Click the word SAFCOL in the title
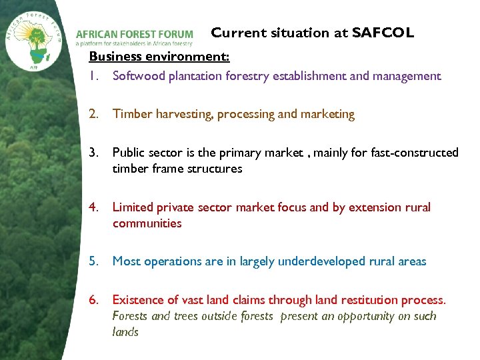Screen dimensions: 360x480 click(383, 33)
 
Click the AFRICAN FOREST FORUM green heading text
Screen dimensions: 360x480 click(134, 34)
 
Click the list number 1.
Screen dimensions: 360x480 click(93, 76)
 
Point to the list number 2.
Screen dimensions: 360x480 click(94, 114)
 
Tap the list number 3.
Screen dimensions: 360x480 click(94, 153)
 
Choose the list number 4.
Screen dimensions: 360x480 click(94, 207)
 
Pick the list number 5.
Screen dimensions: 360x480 click(94, 261)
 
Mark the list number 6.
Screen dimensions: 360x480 click(94, 300)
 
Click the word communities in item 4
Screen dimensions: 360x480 click(147, 223)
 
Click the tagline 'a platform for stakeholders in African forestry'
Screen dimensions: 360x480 click(134, 44)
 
